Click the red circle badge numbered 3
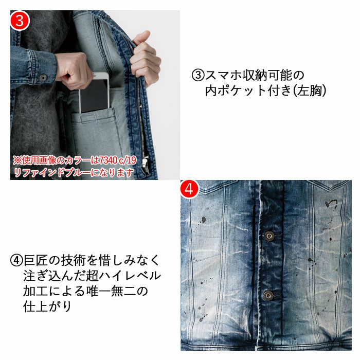(20, 20)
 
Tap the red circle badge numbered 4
(189, 189)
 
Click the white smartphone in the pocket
(94, 93)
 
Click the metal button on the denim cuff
(43, 78)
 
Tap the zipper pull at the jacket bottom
(146, 165)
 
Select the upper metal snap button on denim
(269, 236)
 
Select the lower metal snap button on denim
(268, 295)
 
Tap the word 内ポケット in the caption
(236, 91)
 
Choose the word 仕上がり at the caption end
(47, 307)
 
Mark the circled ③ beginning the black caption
(197, 75)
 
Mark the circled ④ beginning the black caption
(16, 260)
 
